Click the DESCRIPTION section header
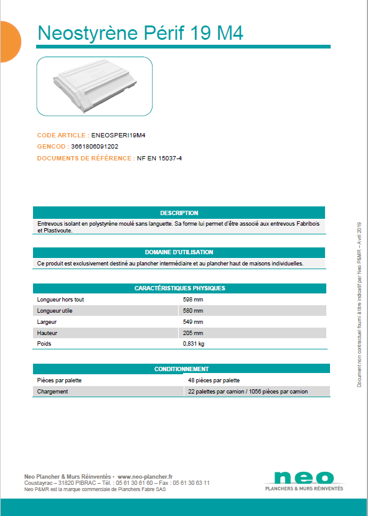click(x=179, y=213)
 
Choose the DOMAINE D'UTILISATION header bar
click(x=179, y=252)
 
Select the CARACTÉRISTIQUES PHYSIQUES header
click(x=179, y=288)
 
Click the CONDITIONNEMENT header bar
click(x=181, y=369)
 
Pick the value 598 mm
click(x=193, y=300)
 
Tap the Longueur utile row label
click(x=55, y=311)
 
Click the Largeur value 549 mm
click(x=193, y=322)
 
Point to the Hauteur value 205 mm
click(x=193, y=333)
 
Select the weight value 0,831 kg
click(x=194, y=344)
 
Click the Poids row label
click(x=44, y=344)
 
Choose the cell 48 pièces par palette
click(x=214, y=380)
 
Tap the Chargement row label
click(x=52, y=392)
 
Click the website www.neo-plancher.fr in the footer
click(x=145, y=476)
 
